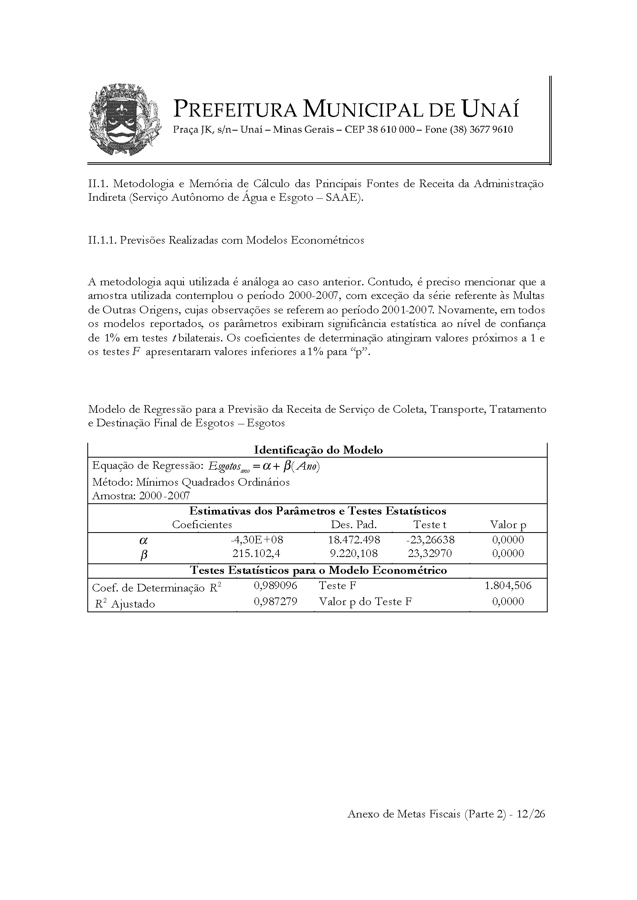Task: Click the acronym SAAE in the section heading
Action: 342,198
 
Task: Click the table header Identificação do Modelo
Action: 318,450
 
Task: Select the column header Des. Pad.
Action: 354,525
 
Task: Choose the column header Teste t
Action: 430,525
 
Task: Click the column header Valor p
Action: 508,525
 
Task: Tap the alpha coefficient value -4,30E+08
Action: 257,540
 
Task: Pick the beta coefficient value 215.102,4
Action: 256,553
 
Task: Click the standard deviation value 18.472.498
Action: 354,540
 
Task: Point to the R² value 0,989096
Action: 276,586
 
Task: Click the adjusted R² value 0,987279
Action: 276,601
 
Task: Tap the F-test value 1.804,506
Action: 508,586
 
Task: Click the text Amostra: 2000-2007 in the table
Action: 141,496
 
